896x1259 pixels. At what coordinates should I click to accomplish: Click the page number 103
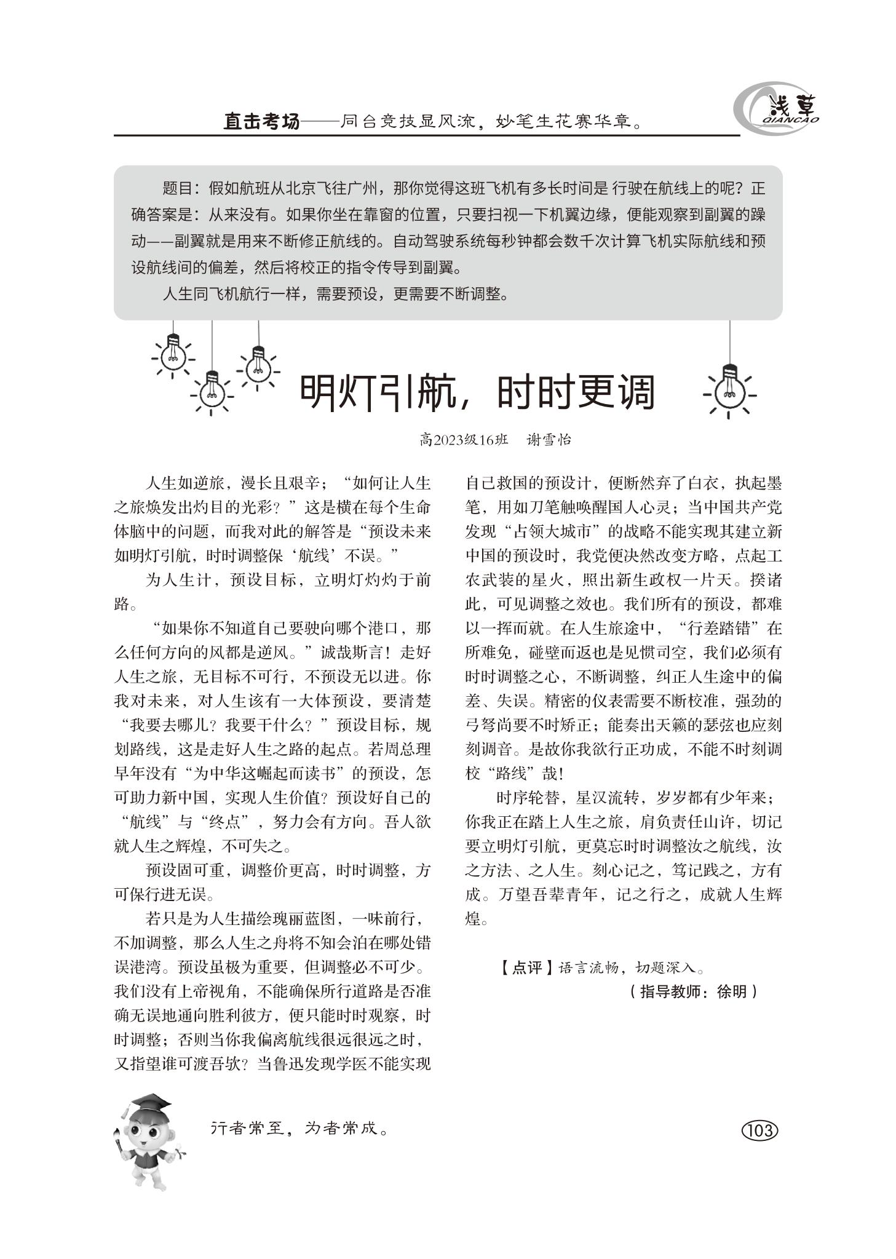760,1130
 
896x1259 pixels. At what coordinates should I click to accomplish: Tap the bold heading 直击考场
261,122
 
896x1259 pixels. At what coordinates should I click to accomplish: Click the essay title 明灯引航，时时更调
477,392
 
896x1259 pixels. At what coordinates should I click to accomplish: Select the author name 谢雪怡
549,440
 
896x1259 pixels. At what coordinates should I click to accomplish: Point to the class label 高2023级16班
464,440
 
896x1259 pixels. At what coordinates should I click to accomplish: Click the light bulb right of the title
729,387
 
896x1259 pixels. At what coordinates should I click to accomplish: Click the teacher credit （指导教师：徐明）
694,991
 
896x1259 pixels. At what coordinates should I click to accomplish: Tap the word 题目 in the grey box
177,188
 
